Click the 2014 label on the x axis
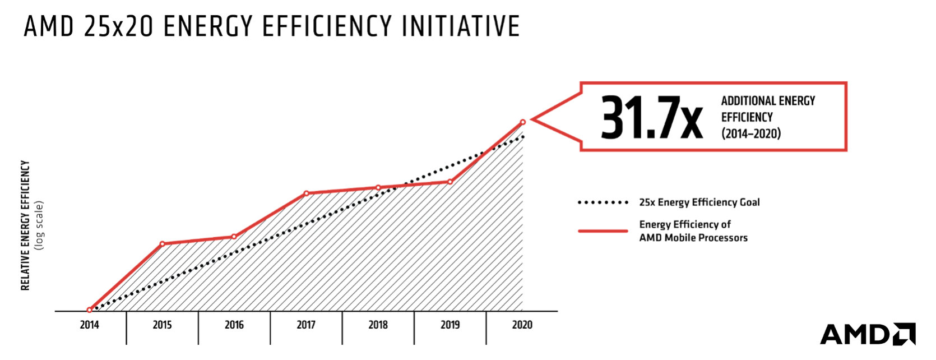[x=89, y=325]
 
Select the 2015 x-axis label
[x=162, y=325]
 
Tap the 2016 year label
[x=234, y=325]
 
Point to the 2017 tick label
[x=306, y=325]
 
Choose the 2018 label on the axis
[x=378, y=325]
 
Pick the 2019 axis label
[x=450, y=325]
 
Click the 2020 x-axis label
[x=522, y=325]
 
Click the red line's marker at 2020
[x=523, y=122]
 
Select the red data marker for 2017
[x=306, y=193]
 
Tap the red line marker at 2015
[x=162, y=244]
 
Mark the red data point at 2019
[x=450, y=182]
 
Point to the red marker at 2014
[x=89, y=310]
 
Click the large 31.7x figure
[x=651, y=118]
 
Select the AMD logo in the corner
[x=867, y=334]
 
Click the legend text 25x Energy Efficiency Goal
[x=699, y=202]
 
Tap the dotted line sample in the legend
[x=603, y=202]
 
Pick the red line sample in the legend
[x=603, y=230]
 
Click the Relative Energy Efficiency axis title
[x=25, y=225]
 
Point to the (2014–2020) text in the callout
[x=750, y=133]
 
